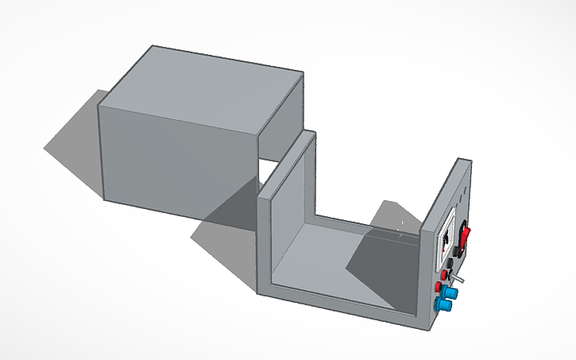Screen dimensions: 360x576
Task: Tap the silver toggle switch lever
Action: coord(460,280)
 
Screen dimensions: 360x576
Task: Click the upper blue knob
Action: coord(450,293)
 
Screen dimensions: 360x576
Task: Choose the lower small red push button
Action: coord(439,287)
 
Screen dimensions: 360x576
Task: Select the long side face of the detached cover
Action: coord(179,159)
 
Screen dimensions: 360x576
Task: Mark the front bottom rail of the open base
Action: coord(342,306)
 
